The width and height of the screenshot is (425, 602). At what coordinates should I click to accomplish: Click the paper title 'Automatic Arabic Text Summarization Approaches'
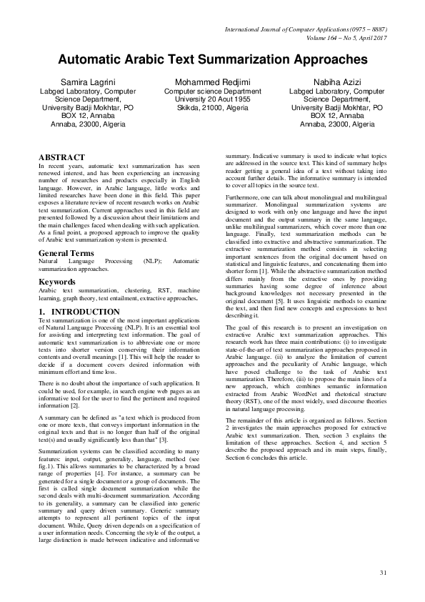coord(212,59)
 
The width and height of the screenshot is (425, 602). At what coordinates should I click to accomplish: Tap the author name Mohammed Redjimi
coord(213,84)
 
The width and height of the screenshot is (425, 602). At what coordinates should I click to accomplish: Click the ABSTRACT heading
coord(61,157)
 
